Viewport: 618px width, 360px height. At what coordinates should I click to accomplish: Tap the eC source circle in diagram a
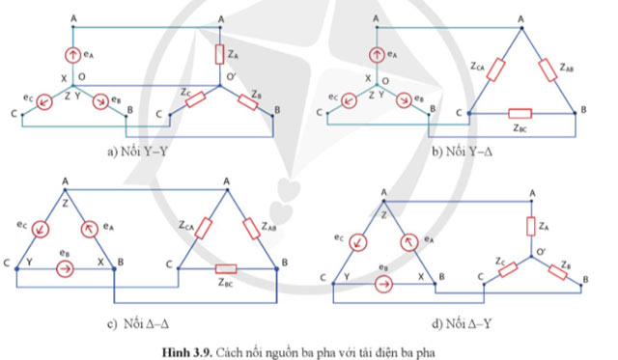tap(43, 99)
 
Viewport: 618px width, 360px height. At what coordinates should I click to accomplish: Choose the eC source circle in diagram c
tap(42, 228)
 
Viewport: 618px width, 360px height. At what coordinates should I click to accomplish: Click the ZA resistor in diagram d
tap(530, 226)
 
